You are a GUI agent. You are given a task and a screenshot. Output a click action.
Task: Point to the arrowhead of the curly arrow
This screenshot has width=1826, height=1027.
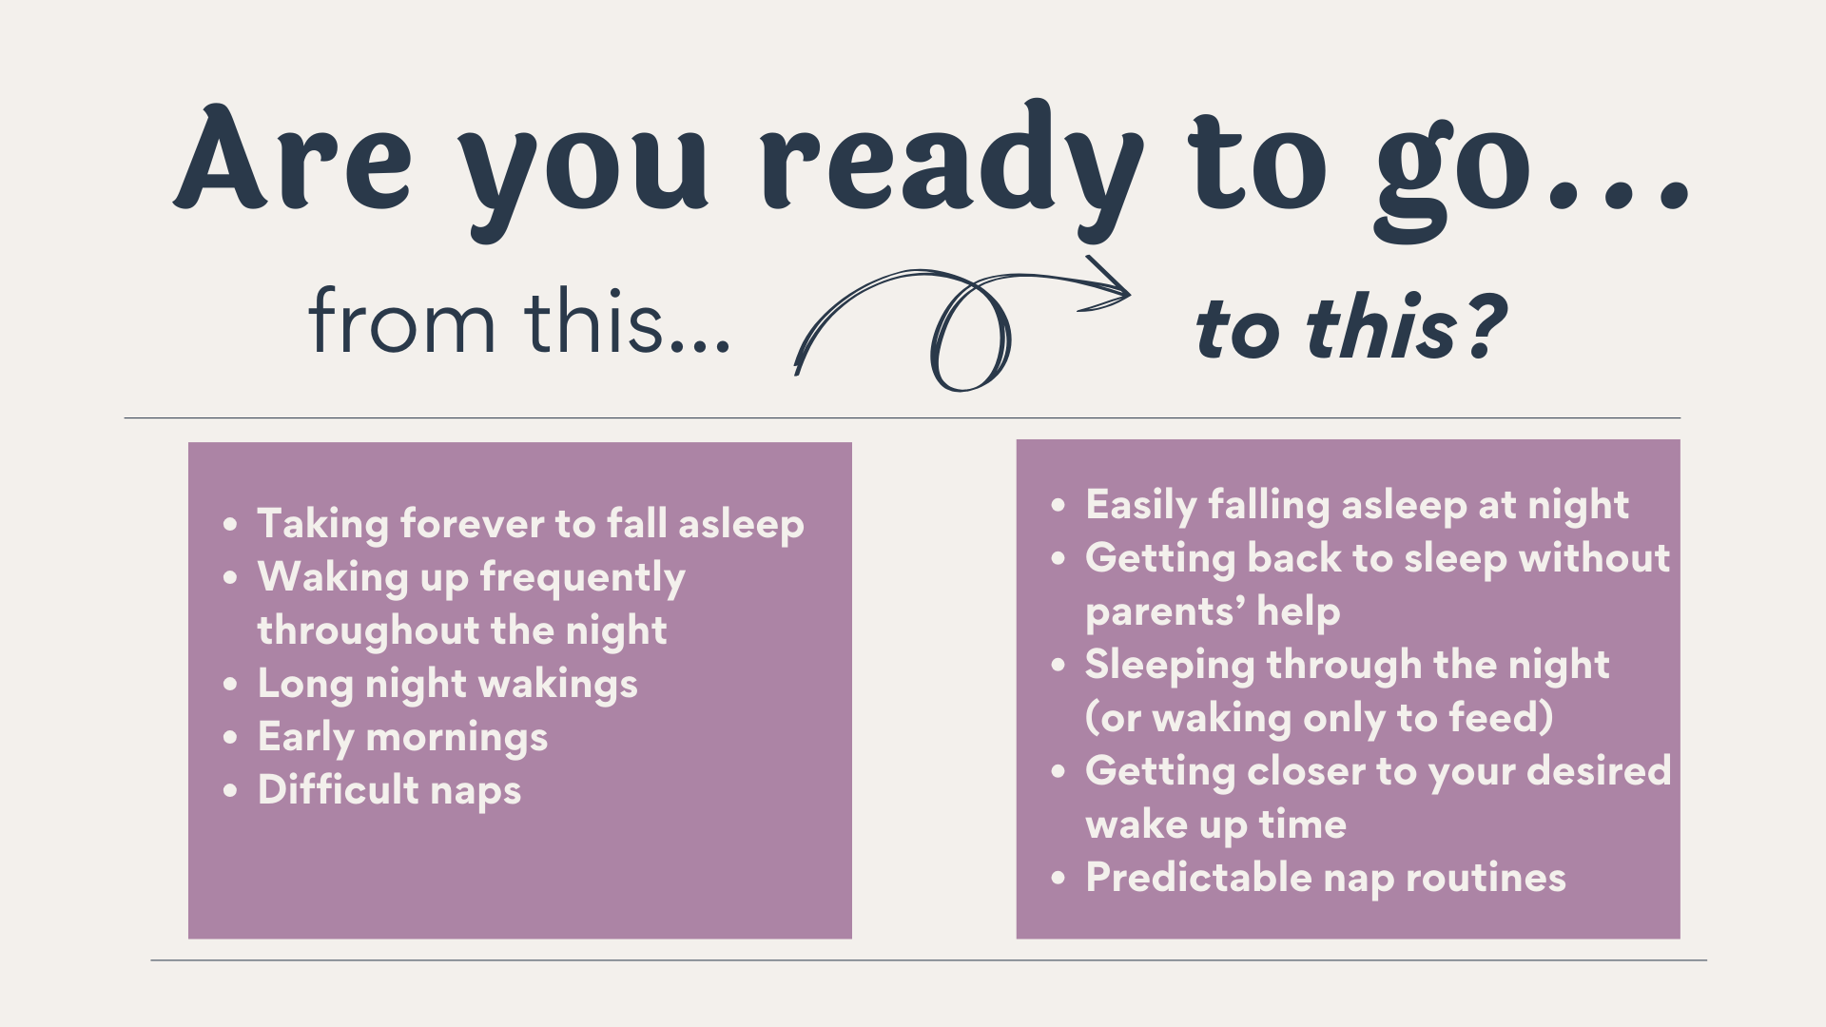[x=1108, y=284]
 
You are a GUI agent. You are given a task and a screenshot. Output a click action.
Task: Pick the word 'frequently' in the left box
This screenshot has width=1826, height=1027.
[x=582, y=579]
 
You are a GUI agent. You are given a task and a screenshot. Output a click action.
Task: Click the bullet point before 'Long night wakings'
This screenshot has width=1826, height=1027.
[x=230, y=685]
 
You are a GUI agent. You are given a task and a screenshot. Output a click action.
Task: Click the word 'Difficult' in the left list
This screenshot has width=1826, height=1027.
[x=338, y=789]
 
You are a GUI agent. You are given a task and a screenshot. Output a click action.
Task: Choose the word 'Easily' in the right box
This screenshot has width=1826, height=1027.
[x=1140, y=506]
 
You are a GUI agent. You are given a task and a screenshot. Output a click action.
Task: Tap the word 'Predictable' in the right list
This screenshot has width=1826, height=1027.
[x=1198, y=877]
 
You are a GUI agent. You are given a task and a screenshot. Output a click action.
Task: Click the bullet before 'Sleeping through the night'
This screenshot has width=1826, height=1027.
[x=1059, y=666]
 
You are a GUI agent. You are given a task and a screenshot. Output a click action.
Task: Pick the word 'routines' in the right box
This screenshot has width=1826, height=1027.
[x=1486, y=878]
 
